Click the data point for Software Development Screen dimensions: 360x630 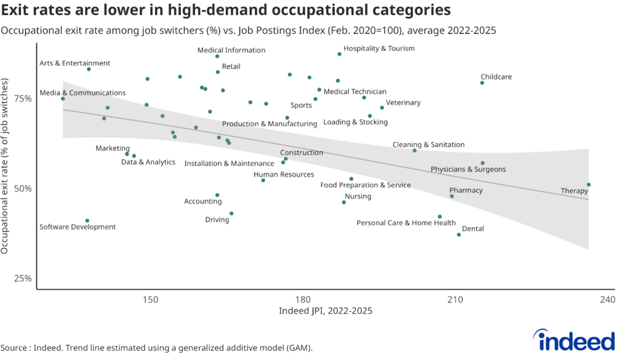pos(87,220)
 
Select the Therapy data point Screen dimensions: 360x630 pos(589,185)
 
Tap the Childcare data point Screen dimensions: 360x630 pos(482,83)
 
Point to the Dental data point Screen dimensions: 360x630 pos(459,234)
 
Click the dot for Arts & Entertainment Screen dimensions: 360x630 pos(89,69)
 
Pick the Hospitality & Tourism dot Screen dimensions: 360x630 pos(340,54)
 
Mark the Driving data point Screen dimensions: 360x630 pos(231,214)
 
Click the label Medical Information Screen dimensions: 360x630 pos(231,50)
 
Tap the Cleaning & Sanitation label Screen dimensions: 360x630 pos(428,145)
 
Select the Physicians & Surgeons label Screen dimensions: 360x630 pos(468,169)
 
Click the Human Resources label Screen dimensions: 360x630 pos(284,175)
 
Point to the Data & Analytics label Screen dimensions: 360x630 pos(148,162)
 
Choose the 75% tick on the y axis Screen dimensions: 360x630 pos(23,98)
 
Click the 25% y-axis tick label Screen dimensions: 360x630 pos(23,278)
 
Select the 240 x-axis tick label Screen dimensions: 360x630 pos(607,299)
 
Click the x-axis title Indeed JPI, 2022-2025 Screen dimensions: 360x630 pos(325,311)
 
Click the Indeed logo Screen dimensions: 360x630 pos(573,340)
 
